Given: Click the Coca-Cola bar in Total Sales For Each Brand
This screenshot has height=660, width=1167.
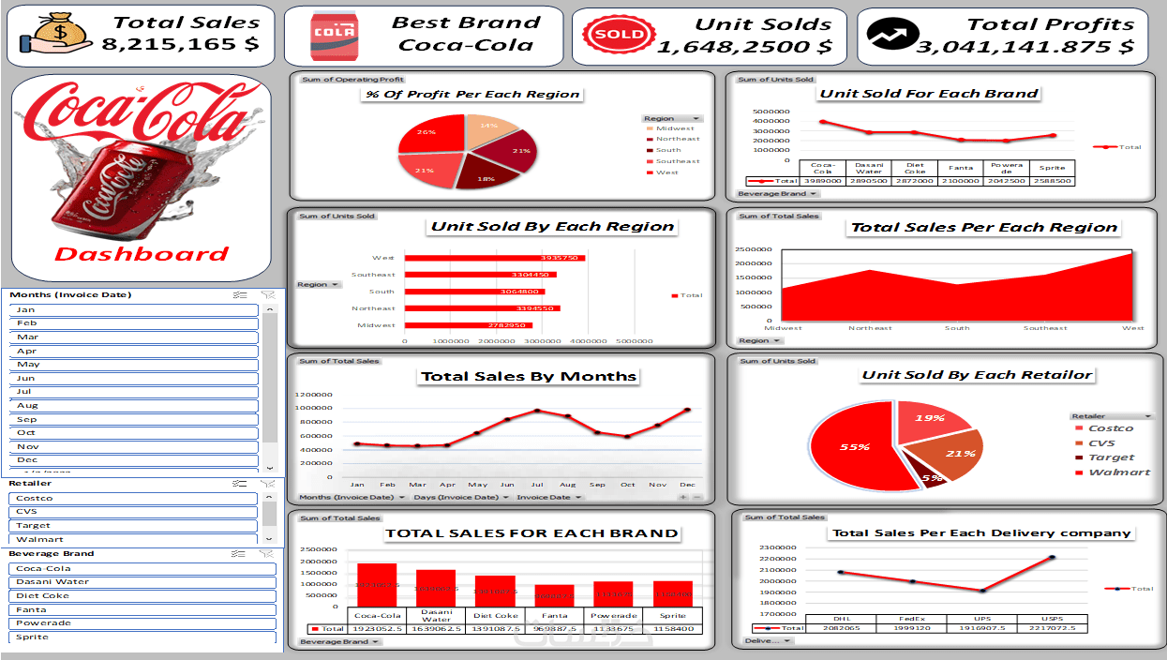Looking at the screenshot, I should [x=377, y=585].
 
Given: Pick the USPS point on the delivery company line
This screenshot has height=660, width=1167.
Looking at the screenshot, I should [x=1052, y=558].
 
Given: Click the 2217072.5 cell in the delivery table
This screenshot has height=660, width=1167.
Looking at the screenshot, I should [x=1052, y=628].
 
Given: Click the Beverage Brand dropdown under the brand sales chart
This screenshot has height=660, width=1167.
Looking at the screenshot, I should [x=340, y=642].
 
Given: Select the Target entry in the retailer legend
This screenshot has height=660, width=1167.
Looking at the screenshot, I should [x=1111, y=457].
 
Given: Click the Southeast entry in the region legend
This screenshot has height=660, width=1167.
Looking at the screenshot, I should [x=677, y=161].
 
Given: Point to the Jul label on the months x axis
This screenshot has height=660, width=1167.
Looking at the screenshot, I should [x=537, y=485].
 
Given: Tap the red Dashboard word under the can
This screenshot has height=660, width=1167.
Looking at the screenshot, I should [x=142, y=254].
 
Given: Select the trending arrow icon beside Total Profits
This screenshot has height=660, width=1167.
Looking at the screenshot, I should [x=887, y=35].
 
